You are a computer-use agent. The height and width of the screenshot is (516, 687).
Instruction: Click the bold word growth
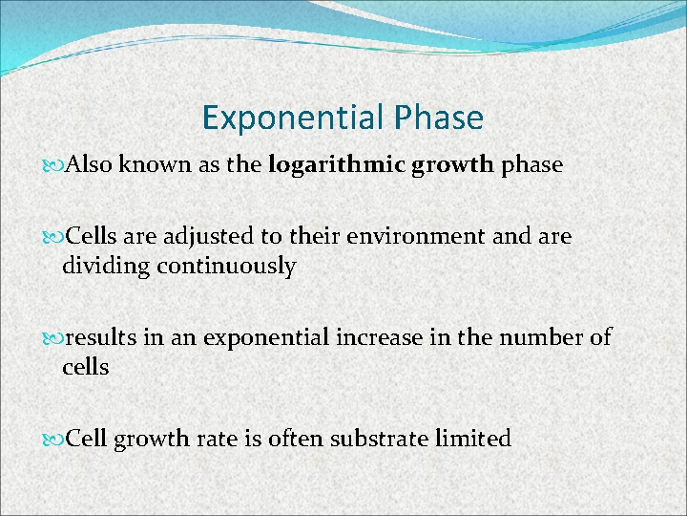(453, 165)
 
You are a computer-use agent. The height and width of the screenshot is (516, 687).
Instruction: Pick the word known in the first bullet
(157, 165)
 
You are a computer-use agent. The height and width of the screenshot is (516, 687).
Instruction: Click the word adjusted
(209, 236)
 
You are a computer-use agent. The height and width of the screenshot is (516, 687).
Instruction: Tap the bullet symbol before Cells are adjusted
(52, 237)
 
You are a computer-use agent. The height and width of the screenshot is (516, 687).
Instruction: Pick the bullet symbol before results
(52, 338)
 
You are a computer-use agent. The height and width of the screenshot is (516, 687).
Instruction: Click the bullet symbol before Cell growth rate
(52, 441)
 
